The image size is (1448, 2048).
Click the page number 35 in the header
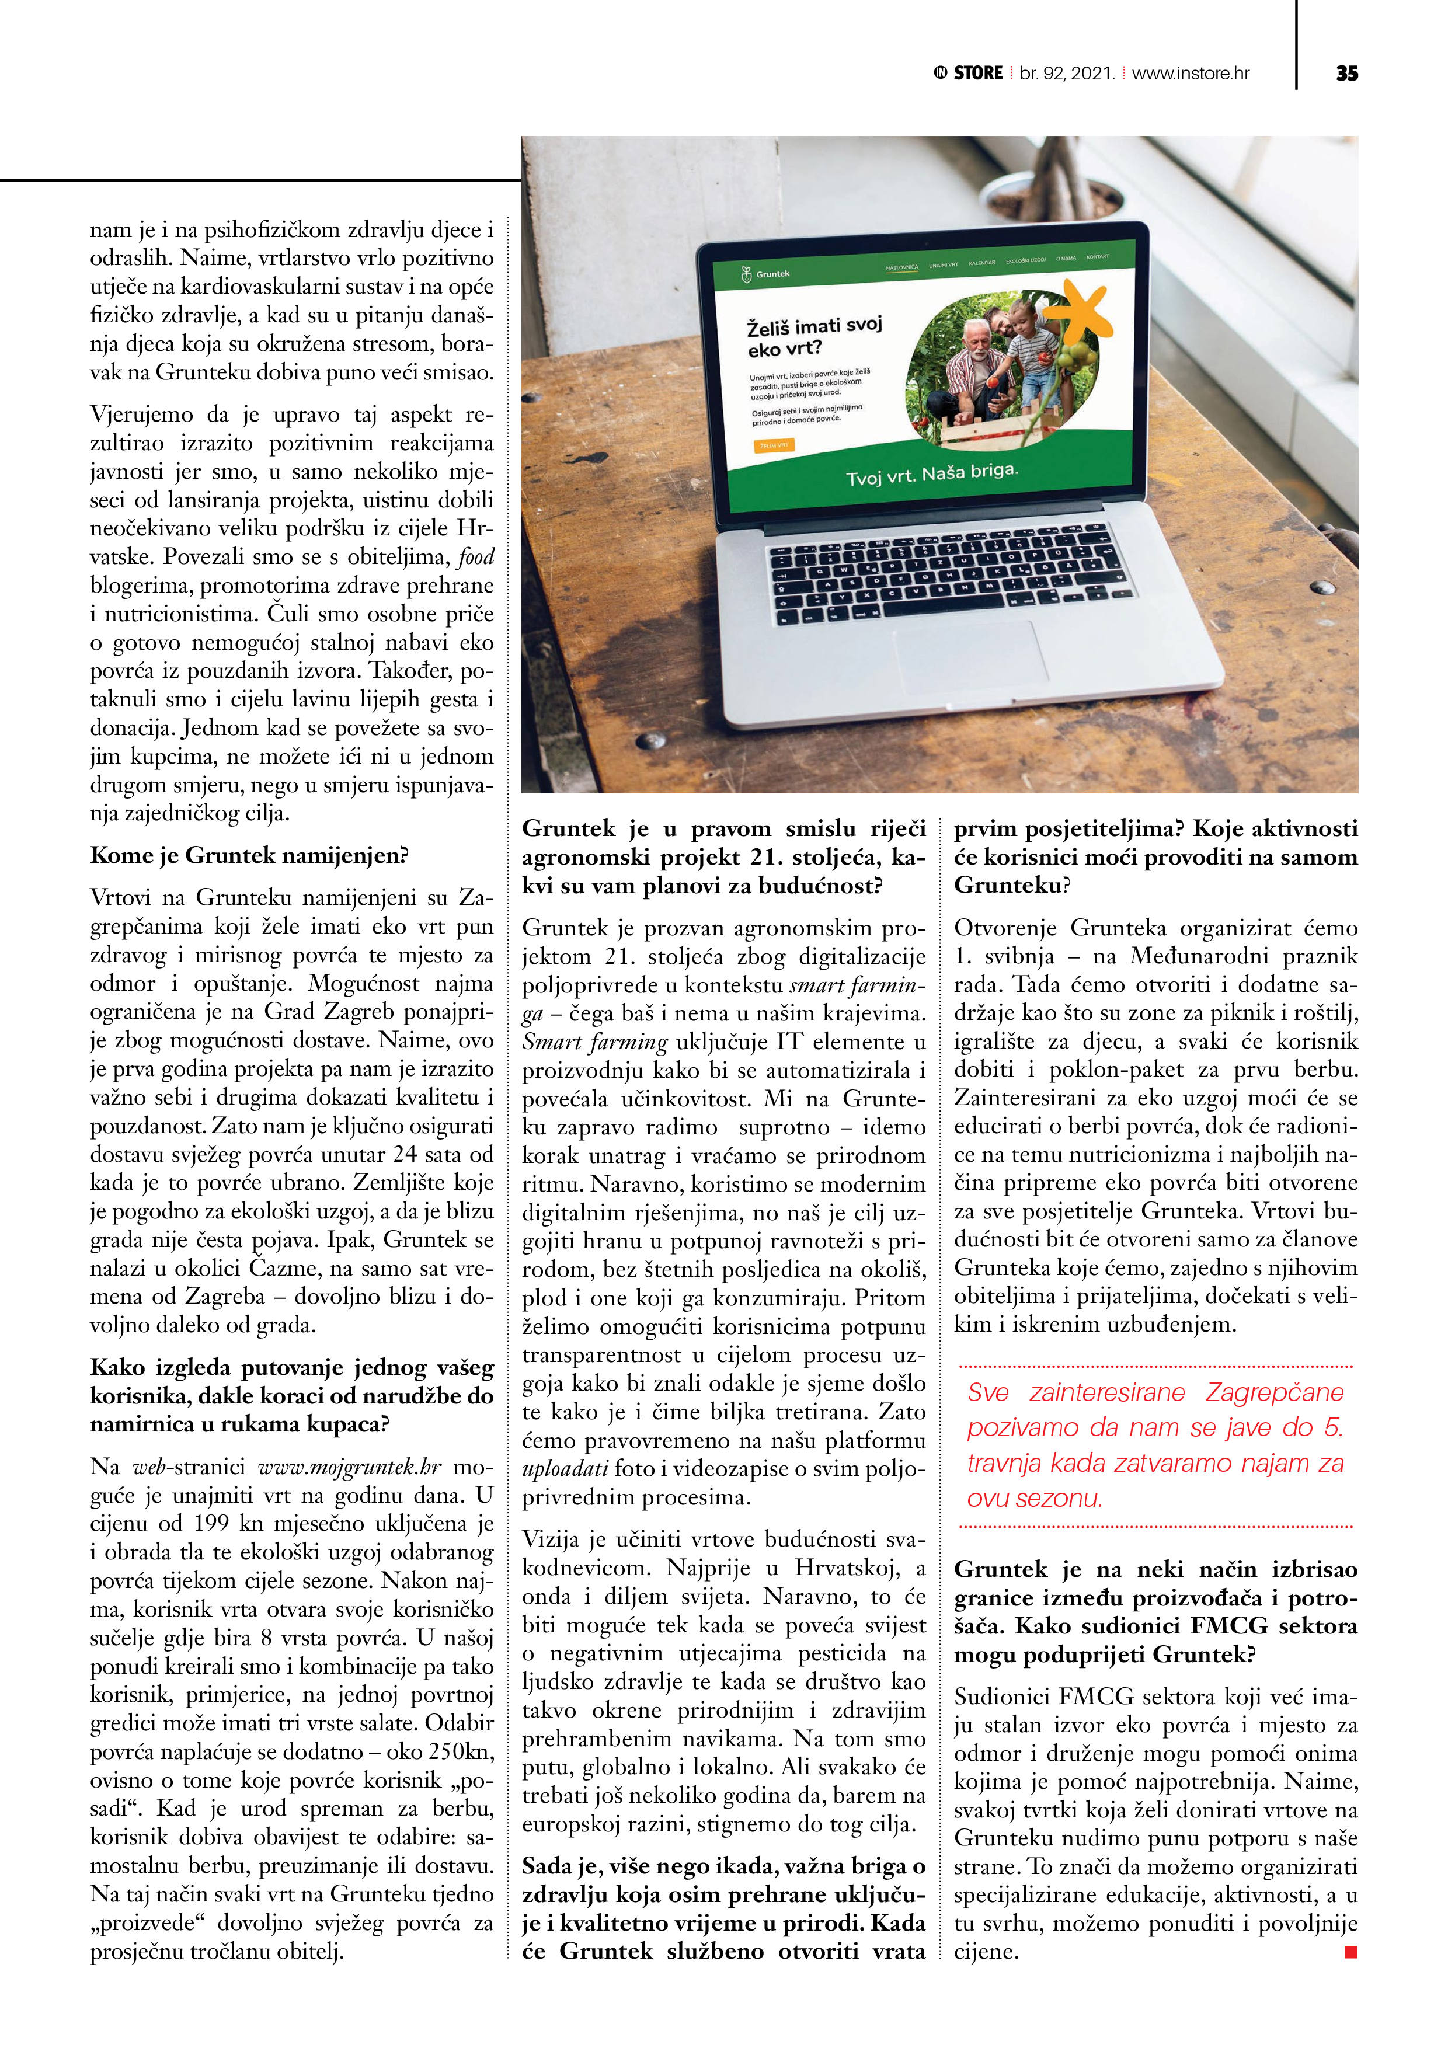point(1346,74)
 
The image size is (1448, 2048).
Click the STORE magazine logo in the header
point(969,73)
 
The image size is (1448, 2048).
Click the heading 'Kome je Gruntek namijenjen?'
point(249,855)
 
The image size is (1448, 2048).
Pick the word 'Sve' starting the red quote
point(988,1392)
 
